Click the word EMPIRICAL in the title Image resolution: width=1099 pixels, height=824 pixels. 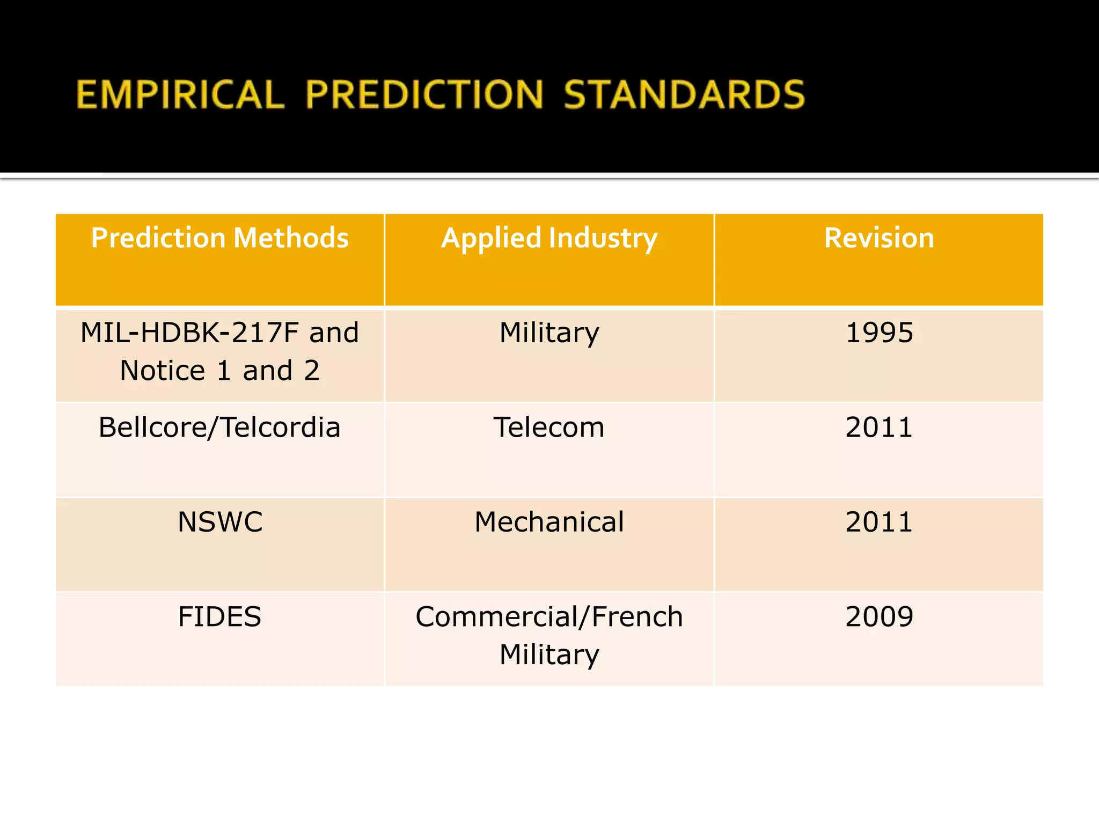(x=180, y=94)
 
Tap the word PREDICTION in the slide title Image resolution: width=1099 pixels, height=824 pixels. (x=424, y=94)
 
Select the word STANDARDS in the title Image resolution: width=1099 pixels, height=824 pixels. (x=684, y=94)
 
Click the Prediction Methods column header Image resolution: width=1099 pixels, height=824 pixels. (x=219, y=238)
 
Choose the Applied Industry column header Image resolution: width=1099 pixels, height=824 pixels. (x=549, y=239)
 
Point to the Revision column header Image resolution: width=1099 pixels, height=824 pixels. (x=879, y=238)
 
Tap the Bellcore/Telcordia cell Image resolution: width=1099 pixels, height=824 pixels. (x=219, y=428)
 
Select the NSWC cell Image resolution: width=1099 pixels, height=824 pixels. (x=220, y=522)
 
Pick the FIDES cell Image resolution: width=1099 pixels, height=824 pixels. (x=219, y=617)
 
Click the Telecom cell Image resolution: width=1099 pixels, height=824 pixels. (x=549, y=428)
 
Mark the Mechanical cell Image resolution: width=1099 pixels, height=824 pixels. (x=549, y=522)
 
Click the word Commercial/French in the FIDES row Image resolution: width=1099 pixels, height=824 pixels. (x=549, y=617)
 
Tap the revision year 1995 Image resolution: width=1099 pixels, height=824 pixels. (x=879, y=333)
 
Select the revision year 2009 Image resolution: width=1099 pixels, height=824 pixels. (x=879, y=617)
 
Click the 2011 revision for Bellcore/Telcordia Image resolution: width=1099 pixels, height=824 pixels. (x=879, y=428)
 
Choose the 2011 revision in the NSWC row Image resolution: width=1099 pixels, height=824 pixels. (x=879, y=522)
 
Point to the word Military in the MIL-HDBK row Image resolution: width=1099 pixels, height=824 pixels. (x=549, y=333)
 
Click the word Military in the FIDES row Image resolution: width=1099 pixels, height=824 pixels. (x=549, y=655)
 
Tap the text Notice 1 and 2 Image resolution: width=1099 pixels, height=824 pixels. (x=219, y=371)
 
